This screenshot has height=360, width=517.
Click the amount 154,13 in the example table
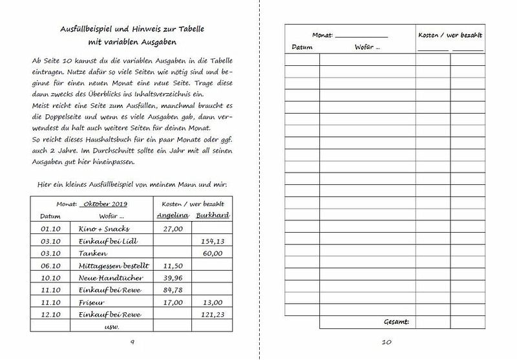click(213, 240)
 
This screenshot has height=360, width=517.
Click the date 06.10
click(50, 265)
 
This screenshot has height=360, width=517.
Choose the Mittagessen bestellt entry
click(114, 265)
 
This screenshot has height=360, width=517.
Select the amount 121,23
click(213, 314)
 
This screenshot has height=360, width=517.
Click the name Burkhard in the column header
click(214, 215)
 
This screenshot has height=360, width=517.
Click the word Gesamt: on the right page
click(399, 321)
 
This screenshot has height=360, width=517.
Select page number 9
click(132, 342)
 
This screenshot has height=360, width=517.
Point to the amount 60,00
click(213, 253)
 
